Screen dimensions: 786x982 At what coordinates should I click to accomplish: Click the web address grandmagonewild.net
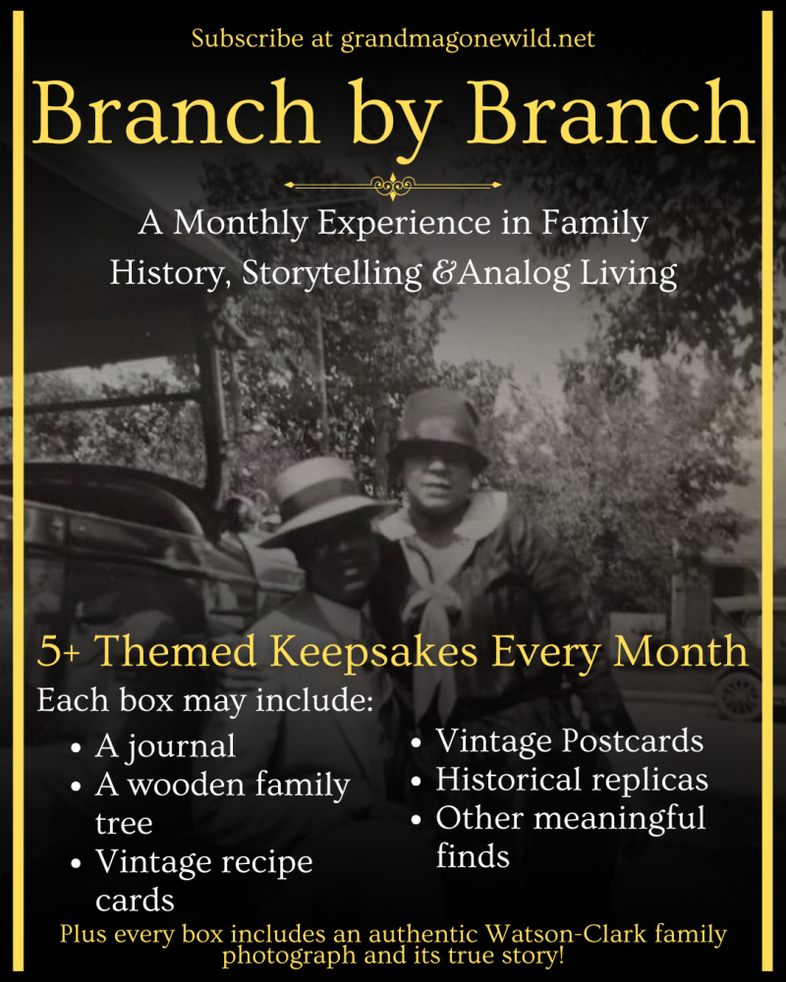point(468,39)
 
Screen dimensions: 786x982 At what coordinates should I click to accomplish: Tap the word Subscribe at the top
point(248,39)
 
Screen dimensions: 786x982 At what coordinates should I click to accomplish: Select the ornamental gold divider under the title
point(393,186)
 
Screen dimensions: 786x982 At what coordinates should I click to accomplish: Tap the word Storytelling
point(332,275)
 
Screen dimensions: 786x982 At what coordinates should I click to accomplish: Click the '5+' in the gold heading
point(58,652)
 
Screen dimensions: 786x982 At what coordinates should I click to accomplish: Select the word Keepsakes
point(373,653)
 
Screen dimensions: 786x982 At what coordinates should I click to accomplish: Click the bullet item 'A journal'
point(165,747)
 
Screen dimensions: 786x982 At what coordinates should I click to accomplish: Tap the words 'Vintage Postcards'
point(569,740)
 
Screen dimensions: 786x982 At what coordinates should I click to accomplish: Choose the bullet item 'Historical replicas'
point(572,781)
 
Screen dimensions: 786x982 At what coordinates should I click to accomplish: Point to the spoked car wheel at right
point(740,695)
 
